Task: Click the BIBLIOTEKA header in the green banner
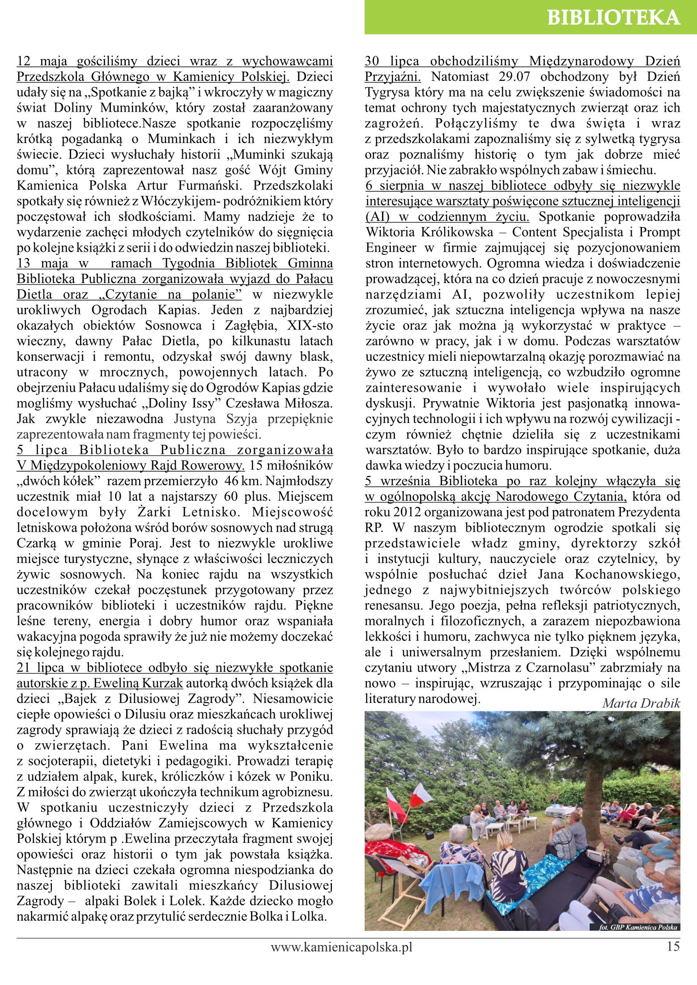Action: (613, 17)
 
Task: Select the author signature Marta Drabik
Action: (641, 703)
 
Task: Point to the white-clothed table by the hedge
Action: (560, 810)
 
